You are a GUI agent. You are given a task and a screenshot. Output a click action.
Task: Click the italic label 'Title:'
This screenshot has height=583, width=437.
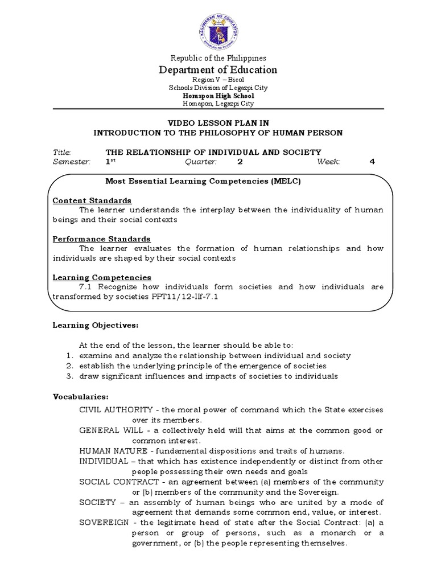pyautogui.click(x=62, y=152)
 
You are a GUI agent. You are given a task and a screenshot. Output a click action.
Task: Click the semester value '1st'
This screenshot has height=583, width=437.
pyautogui.click(x=110, y=162)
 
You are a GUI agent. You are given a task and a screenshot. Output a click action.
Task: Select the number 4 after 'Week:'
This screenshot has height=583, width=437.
pyautogui.click(x=373, y=162)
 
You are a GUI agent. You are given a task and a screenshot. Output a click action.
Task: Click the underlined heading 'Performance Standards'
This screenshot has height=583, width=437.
pyautogui.click(x=101, y=239)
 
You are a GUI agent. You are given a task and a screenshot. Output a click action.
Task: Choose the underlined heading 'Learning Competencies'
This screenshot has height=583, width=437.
pyautogui.click(x=102, y=277)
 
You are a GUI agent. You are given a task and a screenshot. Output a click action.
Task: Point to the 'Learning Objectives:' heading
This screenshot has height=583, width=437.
pyautogui.click(x=96, y=325)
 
